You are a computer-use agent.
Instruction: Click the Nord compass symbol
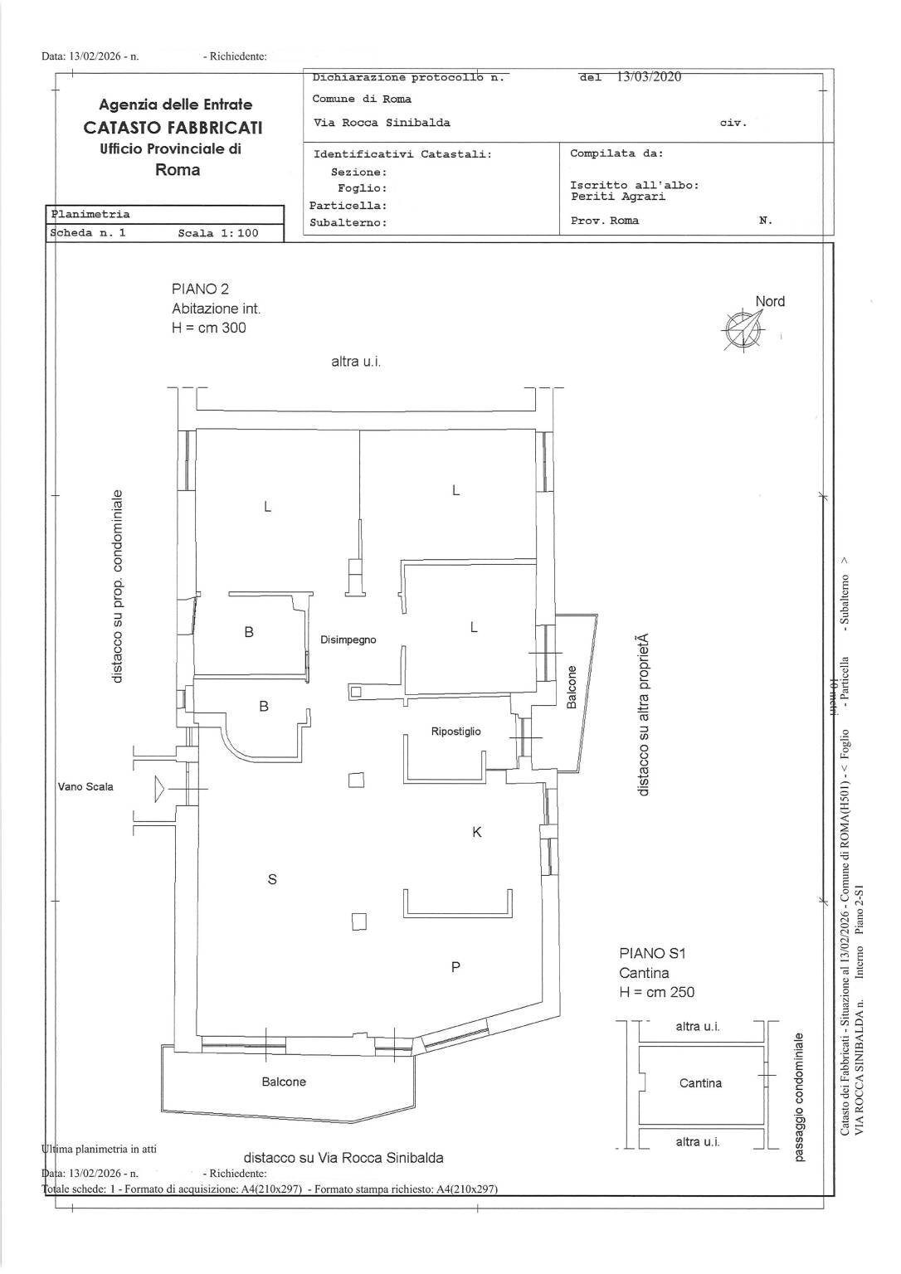point(742,328)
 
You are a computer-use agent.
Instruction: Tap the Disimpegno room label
point(348,639)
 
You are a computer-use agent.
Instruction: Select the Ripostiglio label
point(455,732)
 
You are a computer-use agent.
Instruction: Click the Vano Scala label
point(85,786)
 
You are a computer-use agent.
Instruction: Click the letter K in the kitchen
point(477,832)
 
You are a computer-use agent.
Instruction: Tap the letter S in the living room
point(272,879)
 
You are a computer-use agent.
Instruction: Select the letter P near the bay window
point(455,966)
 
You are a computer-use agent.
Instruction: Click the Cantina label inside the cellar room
point(700,1083)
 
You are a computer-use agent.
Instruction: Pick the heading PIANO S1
point(652,954)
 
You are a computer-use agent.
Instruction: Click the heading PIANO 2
point(200,289)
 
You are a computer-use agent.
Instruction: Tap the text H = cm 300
point(209,328)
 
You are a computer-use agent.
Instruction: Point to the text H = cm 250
point(656,992)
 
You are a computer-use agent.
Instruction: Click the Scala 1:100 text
point(218,233)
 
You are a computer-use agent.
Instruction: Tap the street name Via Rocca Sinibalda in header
point(382,123)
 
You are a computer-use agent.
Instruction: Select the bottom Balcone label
point(284,1082)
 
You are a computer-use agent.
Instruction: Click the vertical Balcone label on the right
point(572,688)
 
